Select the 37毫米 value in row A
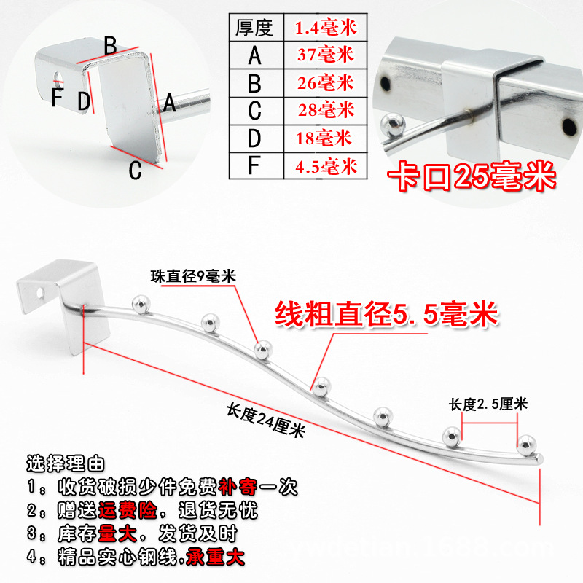click(x=326, y=54)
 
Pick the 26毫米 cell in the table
click(x=326, y=82)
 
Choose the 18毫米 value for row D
click(x=324, y=137)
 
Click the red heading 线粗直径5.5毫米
click(x=386, y=315)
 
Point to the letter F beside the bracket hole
click(x=57, y=98)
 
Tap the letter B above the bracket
click(x=110, y=45)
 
